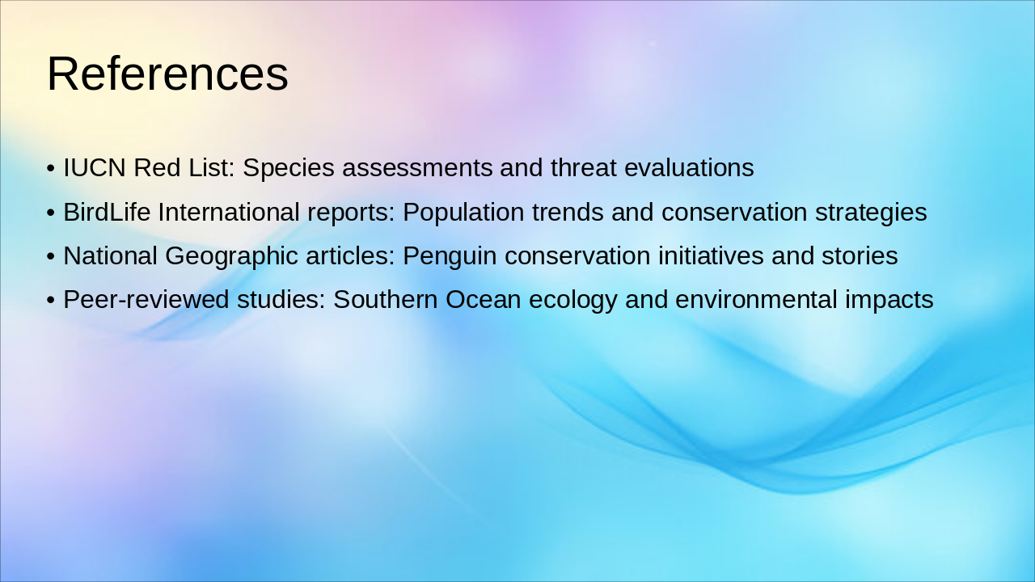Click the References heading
(x=167, y=74)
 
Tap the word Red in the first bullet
(x=151, y=168)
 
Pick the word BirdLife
(x=107, y=213)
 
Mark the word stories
(x=862, y=256)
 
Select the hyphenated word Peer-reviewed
(x=146, y=300)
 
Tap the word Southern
(x=385, y=300)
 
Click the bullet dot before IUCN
(x=51, y=169)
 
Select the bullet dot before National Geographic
(x=51, y=257)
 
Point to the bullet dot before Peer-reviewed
(x=51, y=301)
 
